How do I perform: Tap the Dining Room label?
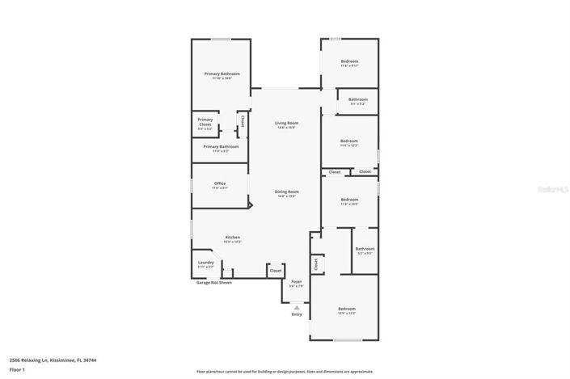click(286, 192)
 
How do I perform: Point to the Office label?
click(219, 183)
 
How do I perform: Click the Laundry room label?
click(205, 262)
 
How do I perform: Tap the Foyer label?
click(297, 282)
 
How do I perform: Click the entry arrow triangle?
click(297, 307)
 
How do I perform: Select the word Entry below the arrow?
click(297, 314)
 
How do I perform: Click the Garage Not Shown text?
click(214, 283)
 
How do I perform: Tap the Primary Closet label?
click(205, 121)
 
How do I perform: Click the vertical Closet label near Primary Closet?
click(242, 122)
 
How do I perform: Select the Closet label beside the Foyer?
click(276, 271)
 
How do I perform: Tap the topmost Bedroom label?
click(349, 61)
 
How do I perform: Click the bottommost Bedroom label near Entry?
click(346, 309)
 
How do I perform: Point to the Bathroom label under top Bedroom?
click(357, 100)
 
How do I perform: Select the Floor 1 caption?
click(17, 369)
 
